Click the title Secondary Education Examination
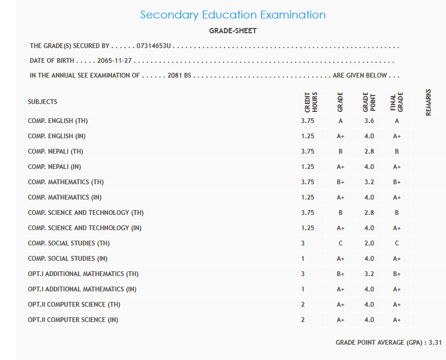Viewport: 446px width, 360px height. click(233, 15)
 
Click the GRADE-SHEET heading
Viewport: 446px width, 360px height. click(233, 31)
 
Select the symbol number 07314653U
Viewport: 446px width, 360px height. click(153, 46)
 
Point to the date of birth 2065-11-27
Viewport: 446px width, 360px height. click(114, 61)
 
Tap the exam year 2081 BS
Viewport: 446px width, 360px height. click(179, 75)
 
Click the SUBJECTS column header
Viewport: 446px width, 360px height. click(42, 102)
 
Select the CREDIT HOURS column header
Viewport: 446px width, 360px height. click(311, 101)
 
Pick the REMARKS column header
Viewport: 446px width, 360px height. click(428, 101)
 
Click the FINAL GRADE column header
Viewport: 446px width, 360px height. click(396, 101)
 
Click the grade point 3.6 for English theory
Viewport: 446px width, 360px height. click(369, 121)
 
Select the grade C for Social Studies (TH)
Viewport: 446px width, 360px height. click(340, 243)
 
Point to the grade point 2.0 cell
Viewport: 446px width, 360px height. click(369, 243)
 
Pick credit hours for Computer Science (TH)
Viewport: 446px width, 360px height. click(303, 305)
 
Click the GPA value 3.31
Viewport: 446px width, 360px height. click(435, 343)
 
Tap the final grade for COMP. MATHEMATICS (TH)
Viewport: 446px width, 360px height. click(396, 182)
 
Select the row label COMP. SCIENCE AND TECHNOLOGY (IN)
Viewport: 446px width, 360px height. click(85, 228)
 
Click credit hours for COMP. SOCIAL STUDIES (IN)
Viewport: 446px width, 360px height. click(303, 259)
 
